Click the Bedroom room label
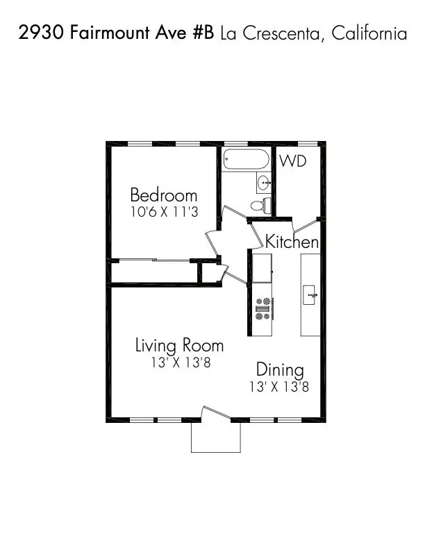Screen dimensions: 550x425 [163, 195]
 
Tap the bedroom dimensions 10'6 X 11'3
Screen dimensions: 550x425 [164, 212]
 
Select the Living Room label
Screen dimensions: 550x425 [179, 345]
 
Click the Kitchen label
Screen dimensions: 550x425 [292, 242]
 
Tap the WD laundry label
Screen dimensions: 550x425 [293, 161]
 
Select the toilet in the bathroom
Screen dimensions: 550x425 [258, 205]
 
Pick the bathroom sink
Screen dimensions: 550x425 [264, 183]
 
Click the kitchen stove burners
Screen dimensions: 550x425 [263, 308]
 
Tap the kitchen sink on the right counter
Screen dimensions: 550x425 [310, 295]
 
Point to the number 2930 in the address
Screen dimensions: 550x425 [42, 33]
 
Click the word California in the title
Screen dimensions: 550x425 [369, 33]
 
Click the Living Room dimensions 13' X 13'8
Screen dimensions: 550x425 [180, 362]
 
